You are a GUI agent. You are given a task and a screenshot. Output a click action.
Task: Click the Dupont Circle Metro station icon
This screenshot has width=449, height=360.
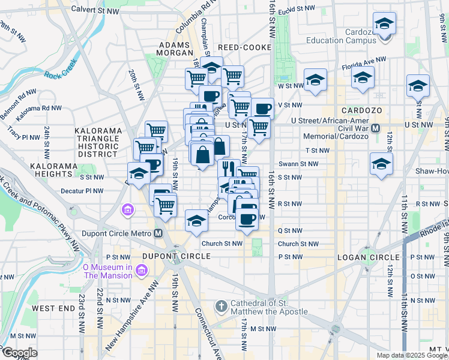point(158,233)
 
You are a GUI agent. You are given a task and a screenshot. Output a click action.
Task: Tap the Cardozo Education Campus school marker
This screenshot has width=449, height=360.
point(384,25)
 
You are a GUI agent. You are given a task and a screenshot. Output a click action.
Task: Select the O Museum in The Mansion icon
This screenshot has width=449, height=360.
point(141,271)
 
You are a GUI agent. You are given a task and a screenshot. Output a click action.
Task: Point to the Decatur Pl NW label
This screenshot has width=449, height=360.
point(86,191)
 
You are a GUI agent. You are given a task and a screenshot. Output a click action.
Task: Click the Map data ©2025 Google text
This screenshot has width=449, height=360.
point(412,355)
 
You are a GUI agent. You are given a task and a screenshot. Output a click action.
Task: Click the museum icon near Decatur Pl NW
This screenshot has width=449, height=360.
point(128,211)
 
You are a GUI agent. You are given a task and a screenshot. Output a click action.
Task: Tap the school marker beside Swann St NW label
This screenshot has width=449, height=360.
point(381,163)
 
